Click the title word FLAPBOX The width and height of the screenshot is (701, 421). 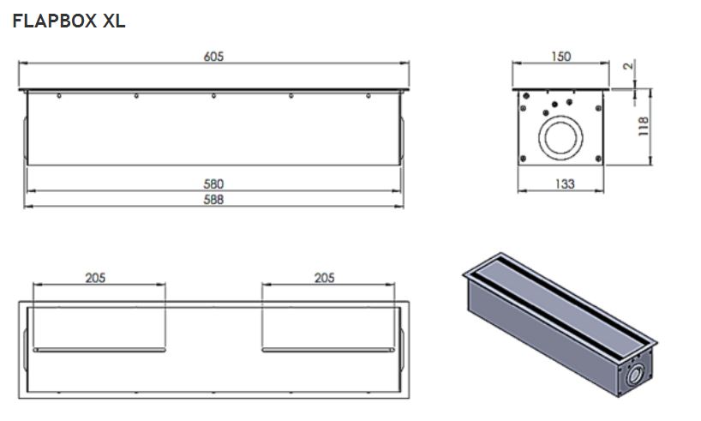(55, 21)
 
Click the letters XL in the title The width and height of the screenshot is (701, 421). (114, 21)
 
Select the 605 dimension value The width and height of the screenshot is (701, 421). (213, 57)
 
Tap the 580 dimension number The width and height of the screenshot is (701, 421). (213, 183)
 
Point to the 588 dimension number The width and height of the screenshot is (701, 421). (213, 200)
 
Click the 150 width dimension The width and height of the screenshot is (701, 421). (560, 57)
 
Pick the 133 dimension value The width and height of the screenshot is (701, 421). (565, 183)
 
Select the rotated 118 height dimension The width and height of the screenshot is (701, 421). (643, 126)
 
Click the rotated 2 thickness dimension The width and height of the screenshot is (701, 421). (628, 66)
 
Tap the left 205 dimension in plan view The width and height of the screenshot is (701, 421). (95, 278)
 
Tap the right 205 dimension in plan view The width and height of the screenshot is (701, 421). (324, 278)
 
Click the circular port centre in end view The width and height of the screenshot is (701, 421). (560, 138)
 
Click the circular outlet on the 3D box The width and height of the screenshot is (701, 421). (635, 375)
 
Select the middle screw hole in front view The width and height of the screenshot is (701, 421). (213, 96)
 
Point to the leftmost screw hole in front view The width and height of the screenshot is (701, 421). (59, 96)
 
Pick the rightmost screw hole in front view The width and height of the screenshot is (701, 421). (368, 96)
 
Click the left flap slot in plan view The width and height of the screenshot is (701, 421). (99, 350)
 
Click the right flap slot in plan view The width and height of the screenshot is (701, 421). (328, 350)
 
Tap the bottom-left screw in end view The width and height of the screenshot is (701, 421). (523, 159)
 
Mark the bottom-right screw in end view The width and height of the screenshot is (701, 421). (599, 159)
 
